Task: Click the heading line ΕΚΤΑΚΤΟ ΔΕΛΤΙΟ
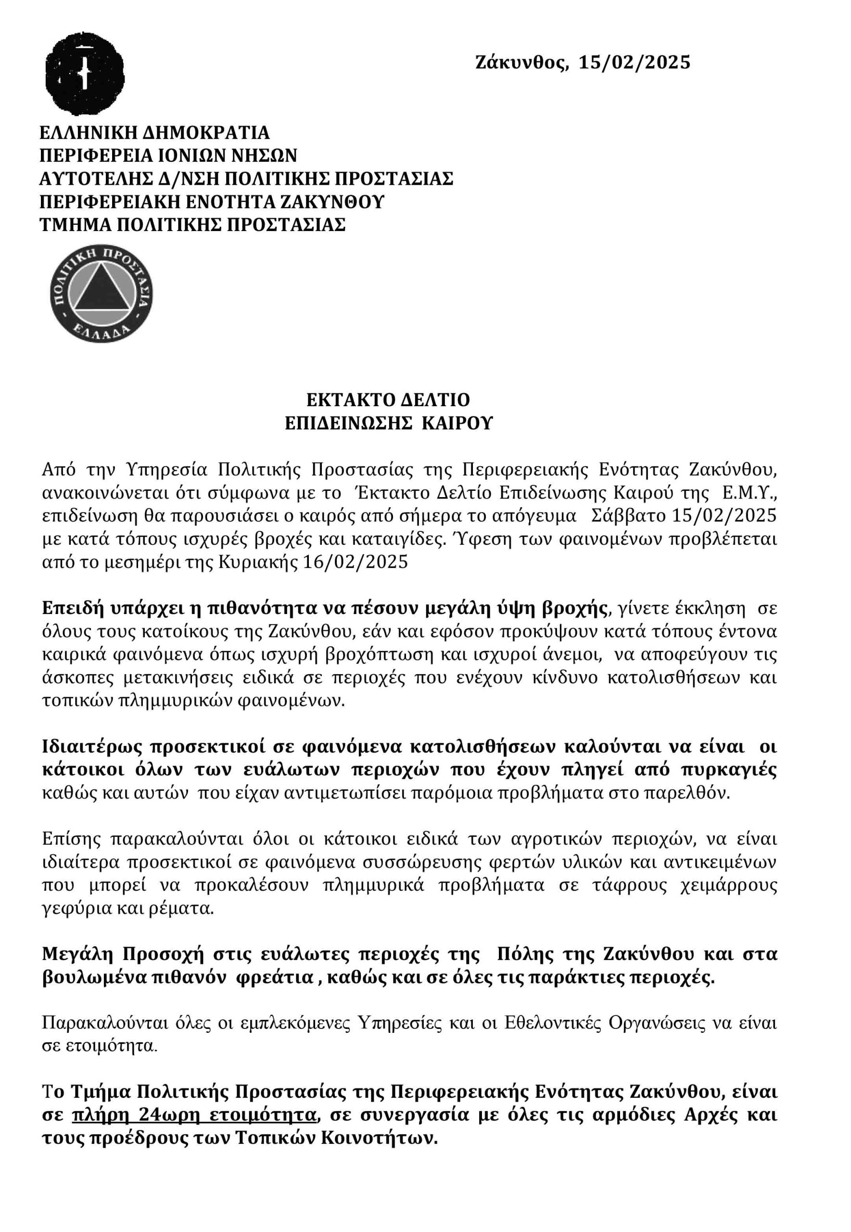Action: (388, 400)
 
